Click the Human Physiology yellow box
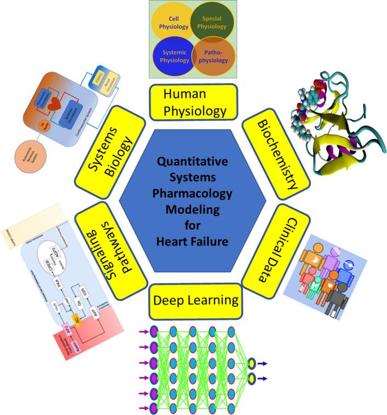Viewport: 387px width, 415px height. coord(195,103)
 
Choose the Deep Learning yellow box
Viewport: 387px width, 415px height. coord(195,300)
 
